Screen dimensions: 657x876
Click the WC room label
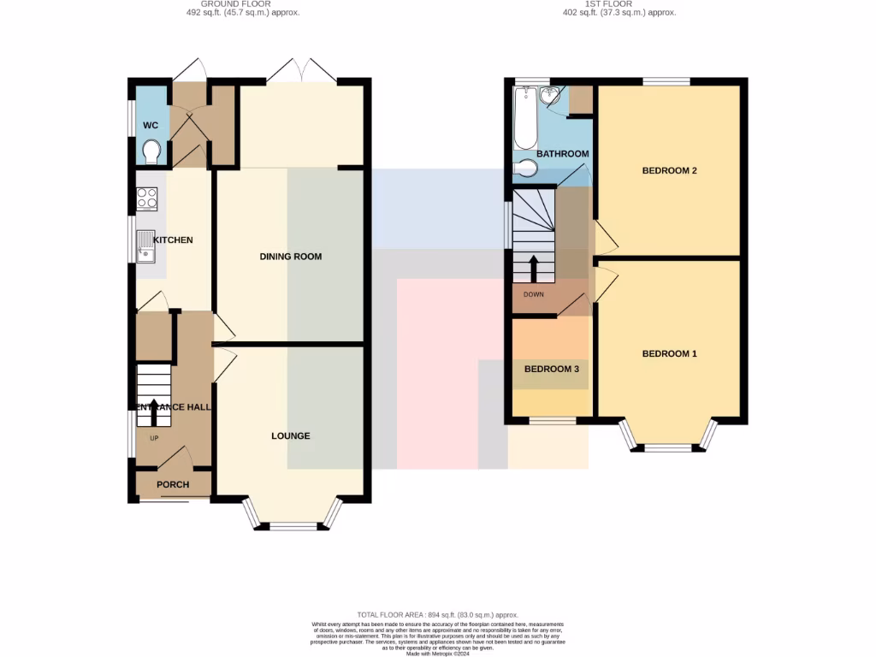151,126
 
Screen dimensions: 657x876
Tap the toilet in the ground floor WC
152,152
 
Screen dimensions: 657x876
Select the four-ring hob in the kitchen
146,199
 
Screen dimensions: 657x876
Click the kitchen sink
146,246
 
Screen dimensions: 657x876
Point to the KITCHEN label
174,240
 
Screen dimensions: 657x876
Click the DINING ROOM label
291,257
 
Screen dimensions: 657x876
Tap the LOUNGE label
291,436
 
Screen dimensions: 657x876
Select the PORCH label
173,484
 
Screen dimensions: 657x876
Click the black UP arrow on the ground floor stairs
154,411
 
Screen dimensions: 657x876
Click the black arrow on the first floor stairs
534,268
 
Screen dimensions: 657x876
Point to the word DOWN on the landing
533,294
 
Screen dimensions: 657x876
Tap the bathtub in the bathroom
525,119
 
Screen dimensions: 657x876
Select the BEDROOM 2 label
670,170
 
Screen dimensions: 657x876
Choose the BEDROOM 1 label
670,353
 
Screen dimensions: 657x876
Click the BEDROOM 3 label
552,370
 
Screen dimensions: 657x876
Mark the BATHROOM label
563,154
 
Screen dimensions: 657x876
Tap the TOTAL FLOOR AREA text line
438,615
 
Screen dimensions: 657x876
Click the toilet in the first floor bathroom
525,169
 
